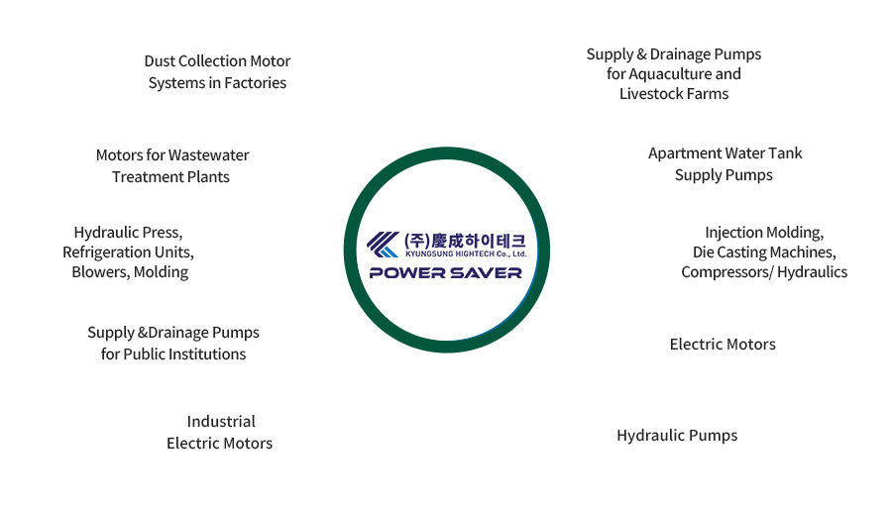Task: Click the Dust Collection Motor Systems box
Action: click(x=217, y=72)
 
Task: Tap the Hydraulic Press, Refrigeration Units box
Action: click(x=128, y=252)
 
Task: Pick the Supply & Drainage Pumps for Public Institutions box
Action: click(x=172, y=343)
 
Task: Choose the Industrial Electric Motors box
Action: click(x=219, y=432)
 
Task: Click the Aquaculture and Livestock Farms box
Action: click(x=673, y=73)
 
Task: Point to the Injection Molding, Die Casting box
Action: click(x=763, y=252)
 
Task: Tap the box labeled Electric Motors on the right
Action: click(x=722, y=344)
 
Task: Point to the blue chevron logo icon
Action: click(x=383, y=244)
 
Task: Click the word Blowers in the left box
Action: click(x=100, y=271)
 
